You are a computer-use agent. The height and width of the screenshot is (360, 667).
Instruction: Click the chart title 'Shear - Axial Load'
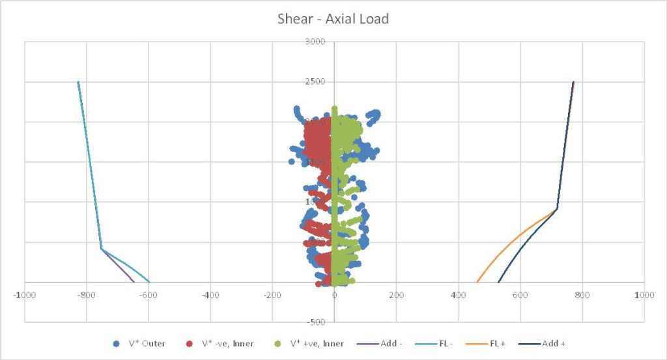coord(333,19)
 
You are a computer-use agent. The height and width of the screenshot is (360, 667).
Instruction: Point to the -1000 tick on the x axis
coord(25,295)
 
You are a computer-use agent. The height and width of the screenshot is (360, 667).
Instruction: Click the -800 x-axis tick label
coord(87,295)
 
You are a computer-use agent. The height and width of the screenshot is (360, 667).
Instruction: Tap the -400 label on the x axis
coord(210,295)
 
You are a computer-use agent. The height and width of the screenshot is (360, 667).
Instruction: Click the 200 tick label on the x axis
coord(396,295)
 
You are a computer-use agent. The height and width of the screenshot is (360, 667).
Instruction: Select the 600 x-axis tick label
coord(520,295)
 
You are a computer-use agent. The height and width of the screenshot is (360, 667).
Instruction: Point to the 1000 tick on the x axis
coord(644,295)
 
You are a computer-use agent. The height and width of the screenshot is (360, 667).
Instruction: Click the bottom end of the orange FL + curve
coord(477,282)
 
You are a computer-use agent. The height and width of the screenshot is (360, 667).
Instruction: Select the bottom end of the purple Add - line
coord(134,282)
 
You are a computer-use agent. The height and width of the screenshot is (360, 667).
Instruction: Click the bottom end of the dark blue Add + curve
coord(498,282)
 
